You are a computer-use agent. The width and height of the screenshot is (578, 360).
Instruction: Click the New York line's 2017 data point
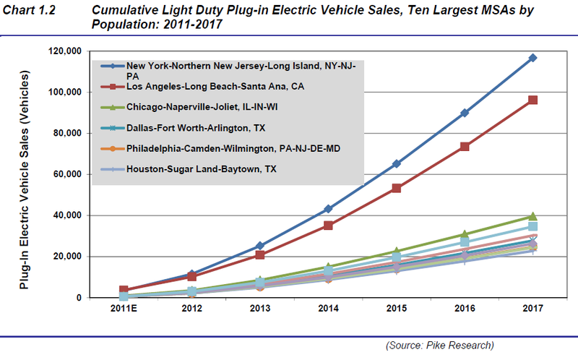click(x=532, y=58)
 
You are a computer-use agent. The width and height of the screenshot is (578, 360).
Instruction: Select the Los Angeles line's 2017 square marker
click(x=532, y=100)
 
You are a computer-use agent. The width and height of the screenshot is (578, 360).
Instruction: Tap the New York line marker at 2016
click(x=465, y=113)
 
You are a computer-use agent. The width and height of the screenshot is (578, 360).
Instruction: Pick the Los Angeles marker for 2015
click(x=397, y=189)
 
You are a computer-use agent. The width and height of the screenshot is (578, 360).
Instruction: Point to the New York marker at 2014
click(x=329, y=209)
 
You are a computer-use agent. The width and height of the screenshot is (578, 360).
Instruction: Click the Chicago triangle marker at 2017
click(x=532, y=216)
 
